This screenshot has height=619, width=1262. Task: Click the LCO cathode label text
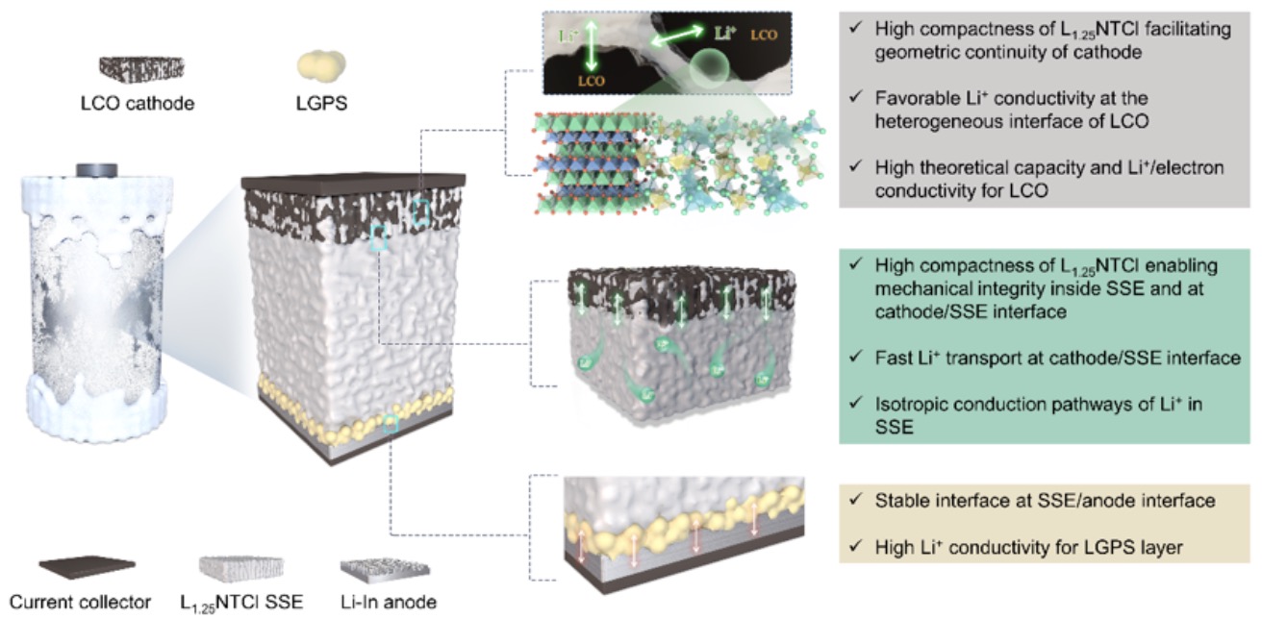point(138,104)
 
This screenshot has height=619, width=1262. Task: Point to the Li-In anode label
point(389,602)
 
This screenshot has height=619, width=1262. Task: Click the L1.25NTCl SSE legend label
point(241,604)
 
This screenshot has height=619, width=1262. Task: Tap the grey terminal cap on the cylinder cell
point(96,169)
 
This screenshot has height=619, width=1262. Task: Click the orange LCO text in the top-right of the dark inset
point(764,35)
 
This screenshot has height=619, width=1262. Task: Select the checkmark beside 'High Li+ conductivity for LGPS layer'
point(856,545)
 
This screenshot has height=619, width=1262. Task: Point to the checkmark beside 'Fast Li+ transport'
point(856,356)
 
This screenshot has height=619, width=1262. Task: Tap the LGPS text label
point(321,104)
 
